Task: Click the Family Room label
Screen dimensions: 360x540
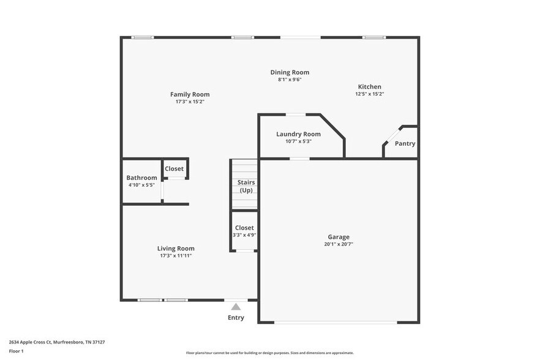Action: pyautogui.click(x=190, y=94)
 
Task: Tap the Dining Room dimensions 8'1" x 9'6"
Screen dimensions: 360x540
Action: pyautogui.click(x=290, y=80)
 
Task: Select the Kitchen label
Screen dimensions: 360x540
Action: pyautogui.click(x=369, y=87)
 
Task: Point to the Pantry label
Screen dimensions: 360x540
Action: pyautogui.click(x=405, y=144)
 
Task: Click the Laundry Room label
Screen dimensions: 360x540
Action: pyautogui.click(x=298, y=134)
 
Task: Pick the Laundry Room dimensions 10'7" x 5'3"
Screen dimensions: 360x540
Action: pyautogui.click(x=298, y=141)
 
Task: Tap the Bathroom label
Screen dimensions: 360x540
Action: pyautogui.click(x=141, y=178)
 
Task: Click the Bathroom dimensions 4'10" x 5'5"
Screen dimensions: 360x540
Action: pyautogui.click(x=141, y=185)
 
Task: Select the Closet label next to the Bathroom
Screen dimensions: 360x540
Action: pyautogui.click(x=174, y=168)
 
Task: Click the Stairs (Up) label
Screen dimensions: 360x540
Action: pyautogui.click(x=246, y=186)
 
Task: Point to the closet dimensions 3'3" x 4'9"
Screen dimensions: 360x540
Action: pyautogui.click(x=244, y=234)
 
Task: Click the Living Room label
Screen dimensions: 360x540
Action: pyautogui.click(x=176, y=249)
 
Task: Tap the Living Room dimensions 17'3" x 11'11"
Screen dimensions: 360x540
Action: pyautogui.click(x=176, y=256)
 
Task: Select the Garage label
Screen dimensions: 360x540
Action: pyautogui.click(x=338, y=237)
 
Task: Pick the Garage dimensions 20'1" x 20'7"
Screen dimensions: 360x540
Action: pyautogui.click(x=338, y=244)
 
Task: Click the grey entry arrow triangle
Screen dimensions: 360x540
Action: pyautogui.click(x=236, y=306)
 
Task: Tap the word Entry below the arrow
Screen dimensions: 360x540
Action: pyautogui.click(x=236, y=318)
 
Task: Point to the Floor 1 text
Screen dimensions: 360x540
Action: pyautogui.click(x=16, y=351)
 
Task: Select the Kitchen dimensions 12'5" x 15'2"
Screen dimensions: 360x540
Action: pyautogui.click(x=369, y=94)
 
